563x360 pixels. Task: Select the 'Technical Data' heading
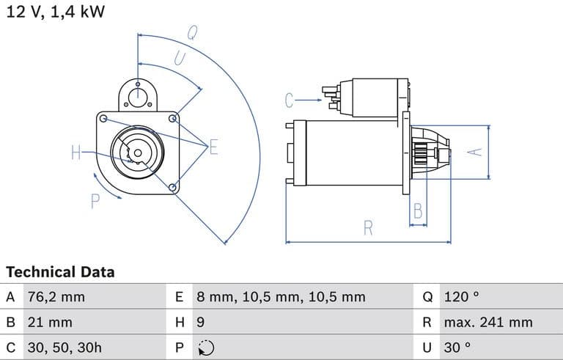point(60,272)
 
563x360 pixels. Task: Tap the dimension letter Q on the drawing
point(192,32)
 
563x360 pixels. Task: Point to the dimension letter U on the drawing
point(178,59)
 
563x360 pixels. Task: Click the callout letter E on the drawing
point(213,147)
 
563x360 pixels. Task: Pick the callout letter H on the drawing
point(76,153)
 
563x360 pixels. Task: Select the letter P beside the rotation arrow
point(95,201)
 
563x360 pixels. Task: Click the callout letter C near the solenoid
point(289,100)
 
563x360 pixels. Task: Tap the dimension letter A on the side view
point(476,151)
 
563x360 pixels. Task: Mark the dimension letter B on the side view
point(418,211)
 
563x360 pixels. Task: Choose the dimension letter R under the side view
point(368,228)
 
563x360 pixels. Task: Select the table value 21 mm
point(49,322)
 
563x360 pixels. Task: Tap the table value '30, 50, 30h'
point(63,347)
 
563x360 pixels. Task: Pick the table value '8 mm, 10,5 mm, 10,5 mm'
point(281,297)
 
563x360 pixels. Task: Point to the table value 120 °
point(461,297)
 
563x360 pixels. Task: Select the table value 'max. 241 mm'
point(487,322)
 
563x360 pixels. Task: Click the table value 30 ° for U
point(457,347)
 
